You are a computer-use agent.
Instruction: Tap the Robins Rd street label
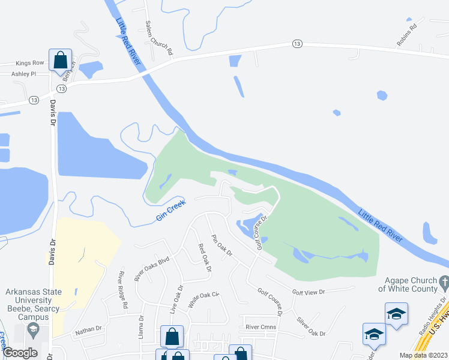click(x=406, y=35)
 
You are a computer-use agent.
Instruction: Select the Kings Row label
click(x=30, y=63)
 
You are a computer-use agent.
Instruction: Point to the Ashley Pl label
click(x=24, y=74)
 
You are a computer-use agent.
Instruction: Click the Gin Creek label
click(x=171, y=211)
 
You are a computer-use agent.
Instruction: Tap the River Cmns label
click(x=261, y=327)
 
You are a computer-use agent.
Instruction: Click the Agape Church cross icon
click(x=444, y=281)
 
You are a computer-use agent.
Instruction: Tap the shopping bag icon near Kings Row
click(x=60, y=61)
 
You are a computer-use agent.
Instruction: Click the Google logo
click(x=20, y=353)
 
